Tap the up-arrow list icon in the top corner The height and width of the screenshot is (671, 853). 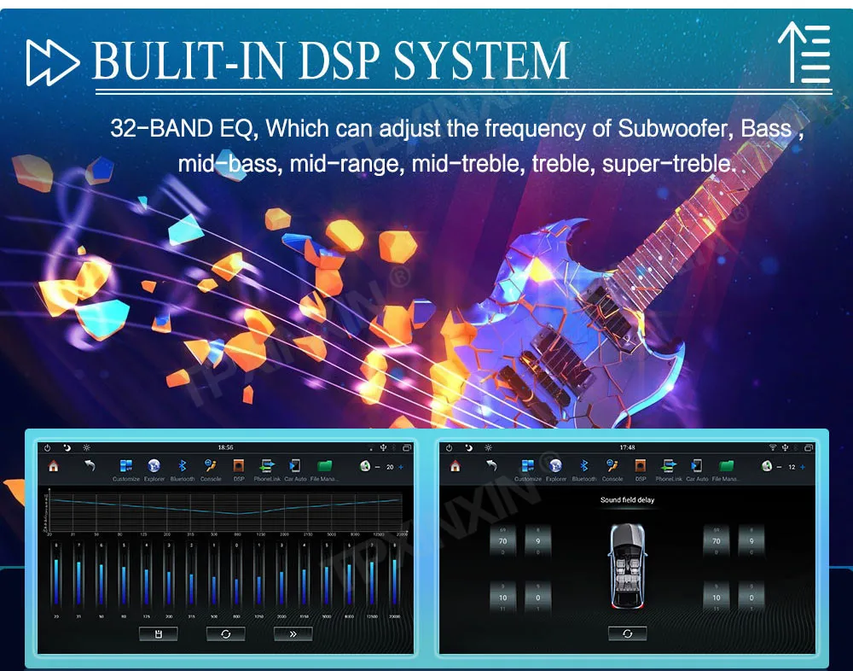point(804,53)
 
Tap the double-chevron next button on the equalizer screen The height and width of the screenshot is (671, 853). point(293,633)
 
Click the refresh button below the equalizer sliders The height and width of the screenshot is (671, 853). point(225,633)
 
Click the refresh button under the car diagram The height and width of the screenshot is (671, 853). point(627,633)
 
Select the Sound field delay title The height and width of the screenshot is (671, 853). point(627,499)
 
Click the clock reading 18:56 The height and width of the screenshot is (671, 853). point(225,447)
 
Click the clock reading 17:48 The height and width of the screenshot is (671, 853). point(627,447)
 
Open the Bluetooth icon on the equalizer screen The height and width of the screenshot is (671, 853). point(182,466)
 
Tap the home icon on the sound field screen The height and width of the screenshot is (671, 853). point(455,466)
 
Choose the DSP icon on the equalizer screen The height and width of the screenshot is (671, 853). point(239,466)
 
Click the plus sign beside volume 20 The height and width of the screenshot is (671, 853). point(401,467)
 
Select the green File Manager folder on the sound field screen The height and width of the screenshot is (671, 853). point(726,466)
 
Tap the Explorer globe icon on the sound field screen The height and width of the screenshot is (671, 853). point(556,466)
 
